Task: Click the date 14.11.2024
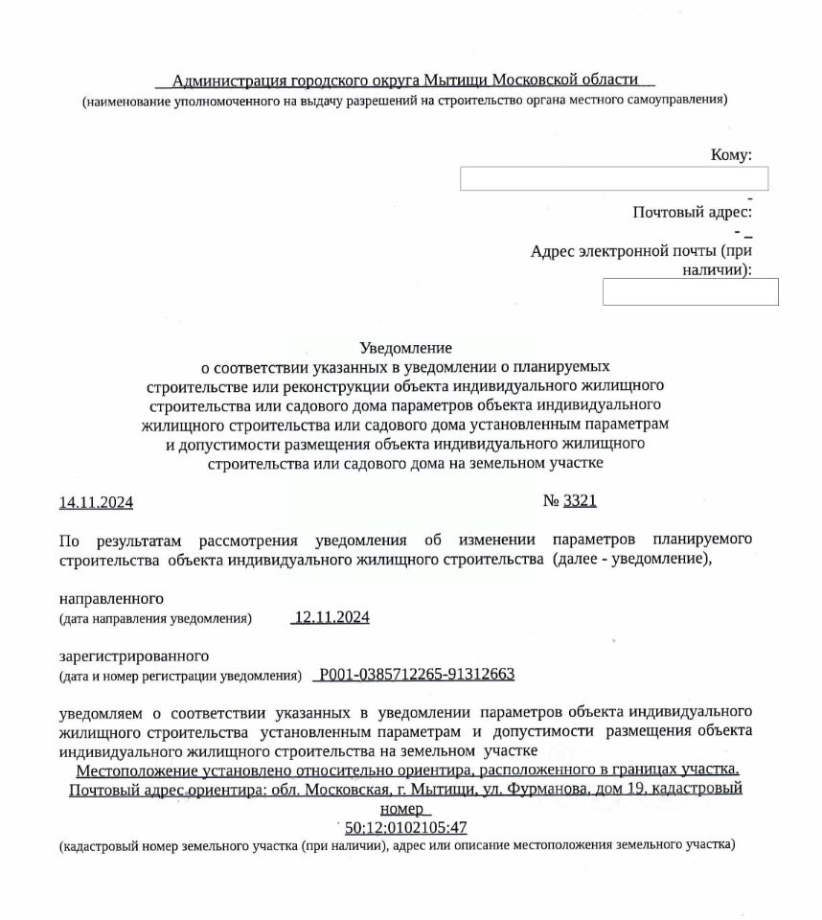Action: [x=96, y=502]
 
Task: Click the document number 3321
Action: [x=580, y=501]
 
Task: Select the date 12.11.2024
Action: [x=331, y=617]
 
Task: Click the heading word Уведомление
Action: [x=405, y=348]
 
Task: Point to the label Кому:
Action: [x=730, y=155]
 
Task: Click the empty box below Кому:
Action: [x=613, y=179]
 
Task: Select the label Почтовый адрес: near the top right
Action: [x=692, y=213]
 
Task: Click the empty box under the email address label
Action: [x=690, y=291]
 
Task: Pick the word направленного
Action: [x=111, y=599]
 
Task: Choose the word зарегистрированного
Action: [x=134, y=656]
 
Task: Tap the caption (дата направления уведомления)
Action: [x=155, y=619]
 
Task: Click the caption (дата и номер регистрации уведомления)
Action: [x=180, y=677]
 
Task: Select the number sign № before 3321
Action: [x=551, y=501]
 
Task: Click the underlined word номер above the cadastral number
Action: [x=405, y=809]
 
